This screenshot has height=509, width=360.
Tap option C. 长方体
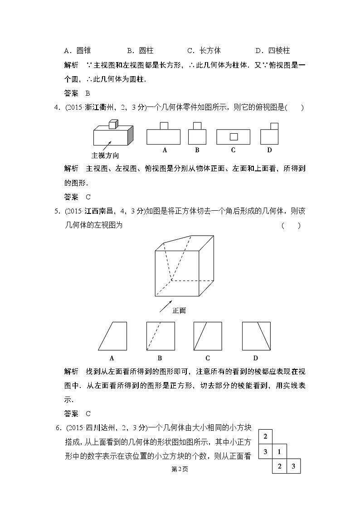click(204, 51)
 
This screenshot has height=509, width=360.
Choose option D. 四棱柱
click(272, 51)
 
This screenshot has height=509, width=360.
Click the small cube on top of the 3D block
click(113, 123)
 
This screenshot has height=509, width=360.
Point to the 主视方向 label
click(105, 155)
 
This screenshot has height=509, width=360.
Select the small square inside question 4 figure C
click(234, 136)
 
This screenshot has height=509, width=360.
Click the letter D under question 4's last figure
click(269, 150)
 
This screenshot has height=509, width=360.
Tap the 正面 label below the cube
click(179, 310)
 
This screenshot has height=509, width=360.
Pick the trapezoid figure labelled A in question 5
click(112, 336)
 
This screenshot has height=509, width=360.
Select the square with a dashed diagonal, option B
click(160, 336)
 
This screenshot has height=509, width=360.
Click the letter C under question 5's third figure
click(208, 358)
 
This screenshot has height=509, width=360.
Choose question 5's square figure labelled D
click(256, 336)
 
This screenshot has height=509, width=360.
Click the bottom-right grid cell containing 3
click(293, 466)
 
